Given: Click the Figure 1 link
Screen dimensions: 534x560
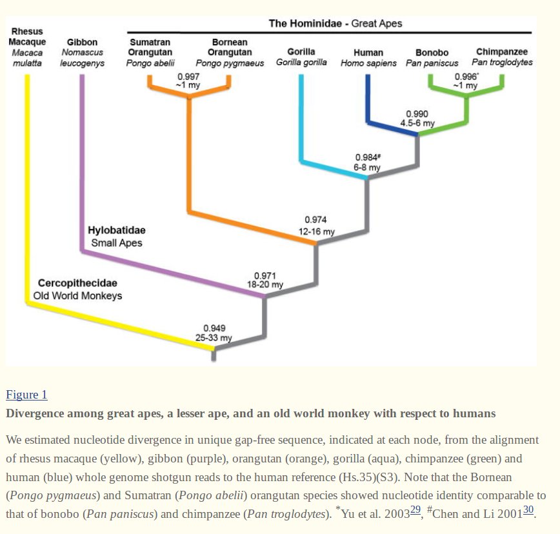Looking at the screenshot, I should pos(26,395).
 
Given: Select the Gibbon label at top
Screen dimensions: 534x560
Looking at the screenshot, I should pos(82,43).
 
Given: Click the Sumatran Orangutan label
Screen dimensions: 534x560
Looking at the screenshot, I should pos(150,47).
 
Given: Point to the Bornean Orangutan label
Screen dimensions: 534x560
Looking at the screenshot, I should pos(230,47).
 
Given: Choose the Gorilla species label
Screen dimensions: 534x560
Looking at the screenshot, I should pos(301,52).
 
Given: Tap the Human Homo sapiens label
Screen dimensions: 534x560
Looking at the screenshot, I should pos(368,53).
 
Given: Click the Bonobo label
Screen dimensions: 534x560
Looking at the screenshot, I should pos(432,53).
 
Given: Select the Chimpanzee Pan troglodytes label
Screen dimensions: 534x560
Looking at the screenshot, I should pos(502,52).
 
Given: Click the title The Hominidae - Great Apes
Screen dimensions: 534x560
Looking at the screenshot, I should pos(335,24).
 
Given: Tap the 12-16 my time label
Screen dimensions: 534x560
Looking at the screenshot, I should pos(316,232).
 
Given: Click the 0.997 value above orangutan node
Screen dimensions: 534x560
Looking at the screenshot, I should pos(188,77).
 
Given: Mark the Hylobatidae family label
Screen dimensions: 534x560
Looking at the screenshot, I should pos(116,230).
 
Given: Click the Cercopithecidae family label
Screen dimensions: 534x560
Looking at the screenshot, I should pos(77,283).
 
